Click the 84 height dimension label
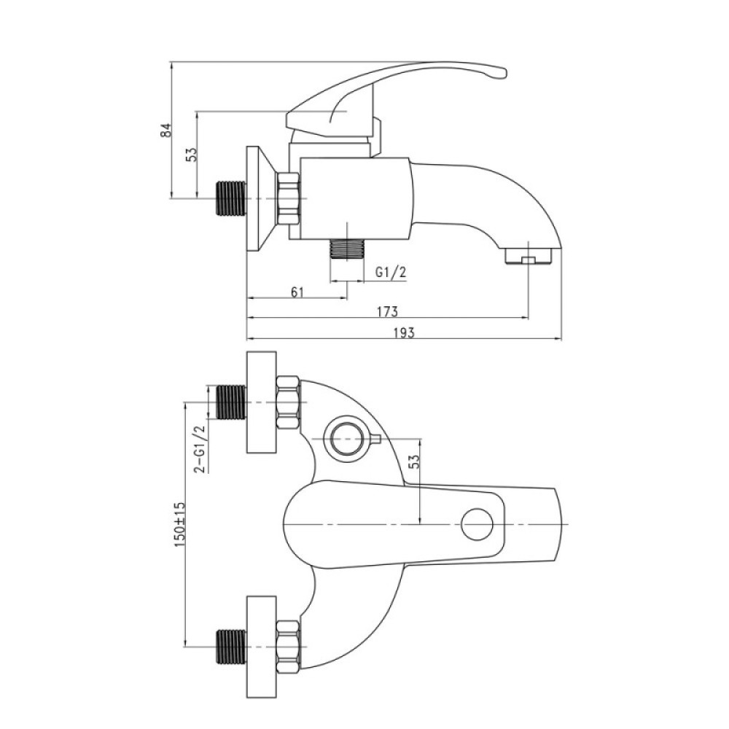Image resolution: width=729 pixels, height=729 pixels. point(166,130)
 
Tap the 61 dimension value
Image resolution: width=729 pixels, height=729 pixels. point(297,292)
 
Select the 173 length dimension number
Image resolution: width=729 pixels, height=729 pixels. point(387,311)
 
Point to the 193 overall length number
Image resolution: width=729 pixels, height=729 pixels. point(404,332)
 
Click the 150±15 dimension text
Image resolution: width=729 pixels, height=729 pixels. point(180,524)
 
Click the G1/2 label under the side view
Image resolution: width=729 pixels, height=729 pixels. point(391,272)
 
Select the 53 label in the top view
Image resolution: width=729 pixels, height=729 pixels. point(414,460)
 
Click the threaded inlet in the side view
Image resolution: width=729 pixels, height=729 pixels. point(231,198)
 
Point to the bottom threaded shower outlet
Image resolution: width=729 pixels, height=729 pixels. point(346,249)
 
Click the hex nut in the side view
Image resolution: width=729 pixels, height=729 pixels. point(288,199)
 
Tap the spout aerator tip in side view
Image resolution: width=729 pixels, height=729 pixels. point(528,256)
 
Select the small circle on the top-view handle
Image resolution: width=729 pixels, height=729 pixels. point(477,524)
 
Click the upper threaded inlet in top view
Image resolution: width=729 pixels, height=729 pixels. point(231,402)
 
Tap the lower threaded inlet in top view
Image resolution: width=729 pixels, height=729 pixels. point(231,647)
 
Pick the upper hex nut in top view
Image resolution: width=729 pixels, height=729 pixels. point(288,402)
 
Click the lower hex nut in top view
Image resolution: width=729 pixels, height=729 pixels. point(288,647)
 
